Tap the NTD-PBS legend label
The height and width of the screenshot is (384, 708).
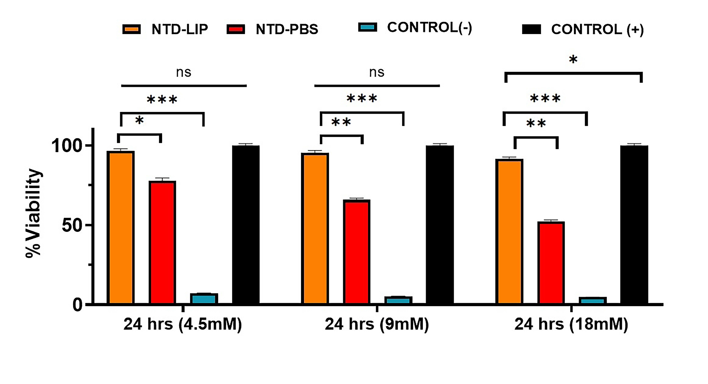point(287,29)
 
